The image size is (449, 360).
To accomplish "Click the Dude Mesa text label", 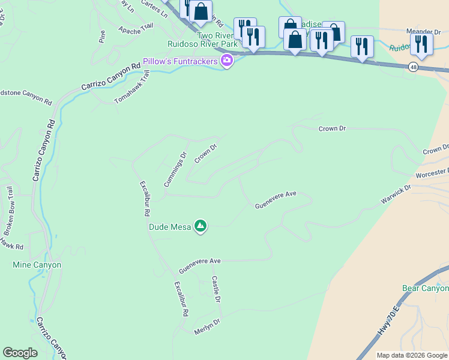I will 170,227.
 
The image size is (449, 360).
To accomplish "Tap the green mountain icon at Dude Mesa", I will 200,226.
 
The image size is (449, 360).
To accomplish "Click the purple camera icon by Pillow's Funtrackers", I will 227,61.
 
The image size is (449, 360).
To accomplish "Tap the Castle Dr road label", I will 217,290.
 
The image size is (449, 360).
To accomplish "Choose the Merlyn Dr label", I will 207,326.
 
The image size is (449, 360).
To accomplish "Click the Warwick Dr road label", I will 396,196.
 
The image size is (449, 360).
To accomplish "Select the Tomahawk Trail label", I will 131,87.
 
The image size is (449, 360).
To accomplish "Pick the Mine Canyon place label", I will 37,265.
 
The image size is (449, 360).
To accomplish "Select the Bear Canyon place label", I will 425,289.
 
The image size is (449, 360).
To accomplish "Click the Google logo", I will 20,353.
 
